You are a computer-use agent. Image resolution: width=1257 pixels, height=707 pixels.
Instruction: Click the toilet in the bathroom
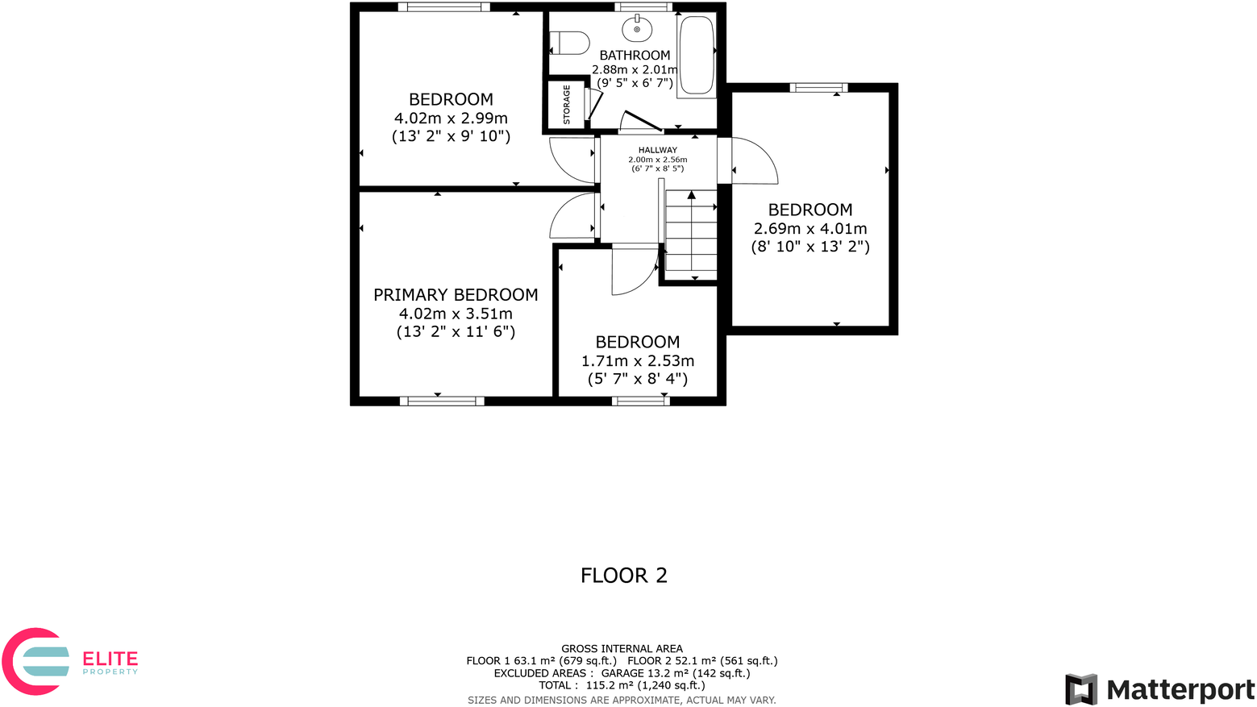[x=569, y=43]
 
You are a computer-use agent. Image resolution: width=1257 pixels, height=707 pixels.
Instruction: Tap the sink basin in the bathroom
[x=637, y=30]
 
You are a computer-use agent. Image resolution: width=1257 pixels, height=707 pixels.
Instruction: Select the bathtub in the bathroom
[x=697, y=55]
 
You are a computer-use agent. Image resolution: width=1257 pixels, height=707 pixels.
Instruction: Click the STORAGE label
[x=567, y=105]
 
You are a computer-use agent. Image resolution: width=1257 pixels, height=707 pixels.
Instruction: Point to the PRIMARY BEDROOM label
[x=456, y=295]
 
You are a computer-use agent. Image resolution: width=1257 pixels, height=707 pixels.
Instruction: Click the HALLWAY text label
[x=658, y=150]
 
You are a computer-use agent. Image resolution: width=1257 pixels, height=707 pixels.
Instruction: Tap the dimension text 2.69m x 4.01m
[x=810, y=229]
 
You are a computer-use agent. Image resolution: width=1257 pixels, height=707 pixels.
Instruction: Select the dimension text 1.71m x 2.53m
[x=638, y=361]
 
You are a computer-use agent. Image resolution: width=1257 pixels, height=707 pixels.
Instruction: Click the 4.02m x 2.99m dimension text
[x=451, y=119]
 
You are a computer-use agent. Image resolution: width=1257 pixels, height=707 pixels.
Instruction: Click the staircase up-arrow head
[x=691, y=195]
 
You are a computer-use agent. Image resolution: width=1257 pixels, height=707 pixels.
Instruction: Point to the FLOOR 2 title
[x=624, y=576]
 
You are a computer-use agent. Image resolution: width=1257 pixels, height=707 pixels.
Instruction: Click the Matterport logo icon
[x=1081, y=689]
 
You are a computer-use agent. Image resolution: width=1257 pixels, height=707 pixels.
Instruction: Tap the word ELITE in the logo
[x=110, y=659]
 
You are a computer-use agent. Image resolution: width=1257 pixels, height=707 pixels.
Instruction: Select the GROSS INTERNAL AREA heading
[x=622, y=648]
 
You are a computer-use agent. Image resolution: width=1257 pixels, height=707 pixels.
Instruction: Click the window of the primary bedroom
[x=442, y=401]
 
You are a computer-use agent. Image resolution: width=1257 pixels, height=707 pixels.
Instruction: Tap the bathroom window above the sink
[x=643, y=7]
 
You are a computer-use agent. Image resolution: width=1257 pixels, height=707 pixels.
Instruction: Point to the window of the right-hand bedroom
[x=818, y=88]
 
